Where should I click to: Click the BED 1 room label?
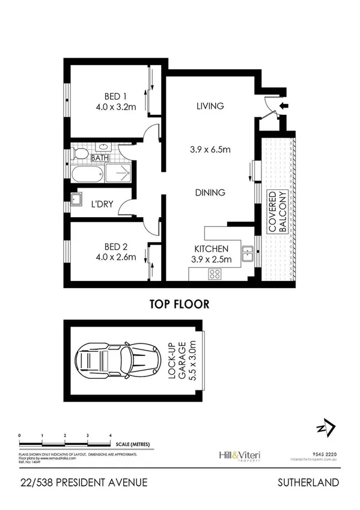pos(115,96)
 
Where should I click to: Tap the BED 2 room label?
pos(115,246)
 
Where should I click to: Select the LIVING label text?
pos(210,106)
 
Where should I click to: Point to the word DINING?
pos(210,193)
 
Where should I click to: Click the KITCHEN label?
pos(210,248)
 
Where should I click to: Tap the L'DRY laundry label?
pos(103,203)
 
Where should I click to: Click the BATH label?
pos(99,158)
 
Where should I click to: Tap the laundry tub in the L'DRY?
pos(77,200)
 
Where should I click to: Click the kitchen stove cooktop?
pos(215,274)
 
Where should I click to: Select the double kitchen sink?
pos(247,254)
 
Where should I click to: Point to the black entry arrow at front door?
pos(284,106)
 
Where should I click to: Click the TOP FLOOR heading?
pos(180,304)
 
